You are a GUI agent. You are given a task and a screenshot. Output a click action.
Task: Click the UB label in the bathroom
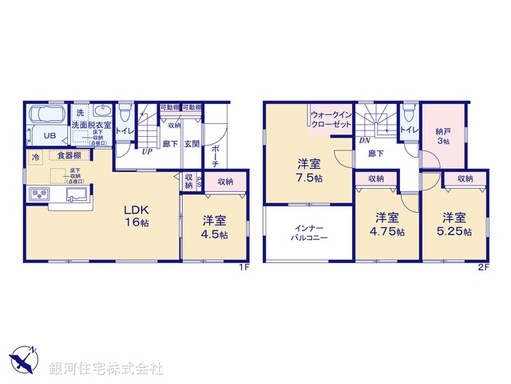(x=50, y=136)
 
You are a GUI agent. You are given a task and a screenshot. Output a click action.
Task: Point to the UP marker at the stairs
(x=148, y=150)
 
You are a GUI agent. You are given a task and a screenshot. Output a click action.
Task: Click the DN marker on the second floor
(x=364, y=141)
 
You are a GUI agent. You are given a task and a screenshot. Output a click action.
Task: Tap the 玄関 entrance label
(x=192, y=144)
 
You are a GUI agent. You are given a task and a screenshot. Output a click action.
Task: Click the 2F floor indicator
(x=483, y=268)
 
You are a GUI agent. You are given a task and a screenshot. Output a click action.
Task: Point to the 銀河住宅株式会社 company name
(x=105, y=368)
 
